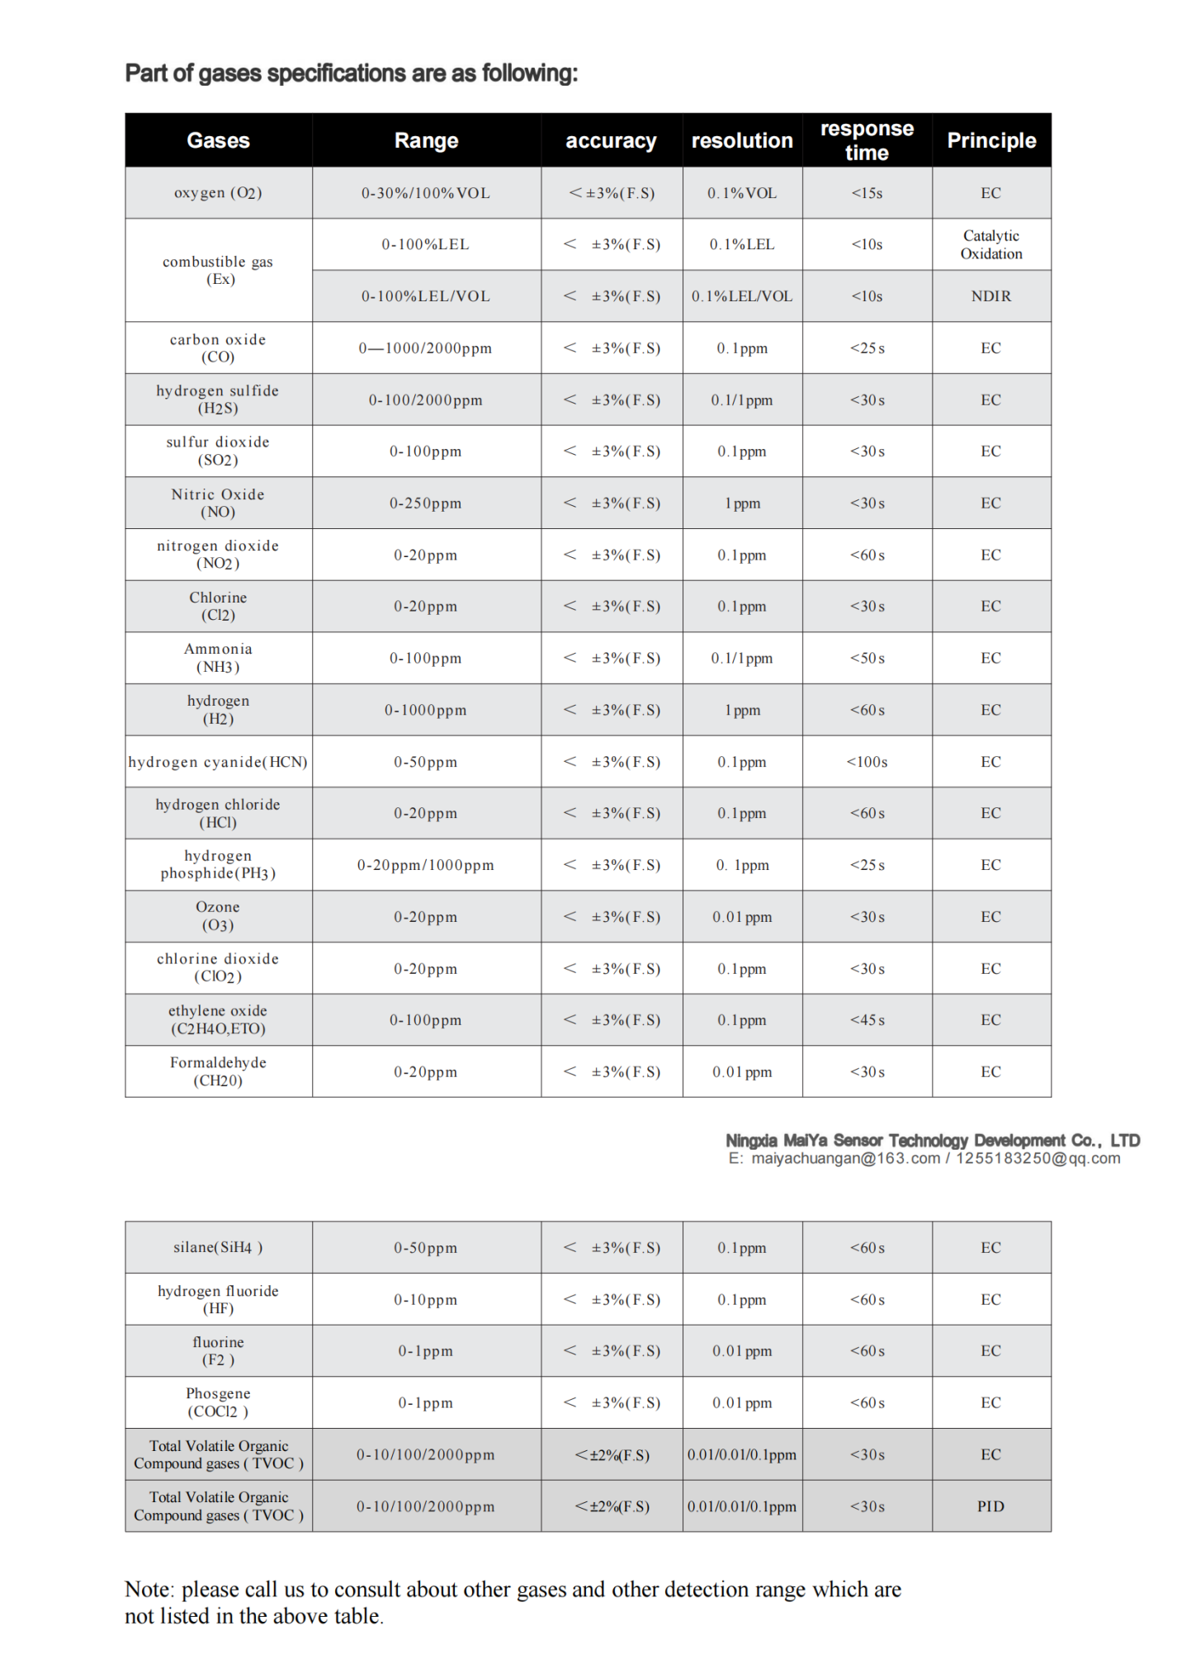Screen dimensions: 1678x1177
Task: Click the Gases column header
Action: pos(218,140)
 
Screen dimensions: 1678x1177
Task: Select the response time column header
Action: pos(867,140)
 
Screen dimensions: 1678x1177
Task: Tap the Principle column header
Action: pos(991,140)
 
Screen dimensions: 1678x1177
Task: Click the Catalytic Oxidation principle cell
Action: pos(991,244)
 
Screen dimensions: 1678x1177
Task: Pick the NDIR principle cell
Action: pos(991,296)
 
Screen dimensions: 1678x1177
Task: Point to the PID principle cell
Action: pos(991,1506)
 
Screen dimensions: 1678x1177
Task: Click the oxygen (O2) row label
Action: pos(218,193)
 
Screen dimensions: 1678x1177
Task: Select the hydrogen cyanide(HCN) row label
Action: pos(218,762)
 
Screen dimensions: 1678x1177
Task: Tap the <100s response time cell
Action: pos(867,762)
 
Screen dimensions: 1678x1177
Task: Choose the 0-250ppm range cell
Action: pos(426,503)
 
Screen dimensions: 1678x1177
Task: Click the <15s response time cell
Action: pos(867,193)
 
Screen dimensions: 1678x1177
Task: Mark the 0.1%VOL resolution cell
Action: pos(742,193)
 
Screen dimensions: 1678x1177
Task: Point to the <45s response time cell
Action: pos(867,1020)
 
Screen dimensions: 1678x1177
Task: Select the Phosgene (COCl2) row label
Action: pos(218,1402)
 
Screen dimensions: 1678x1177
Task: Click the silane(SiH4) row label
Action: pos(218,1247)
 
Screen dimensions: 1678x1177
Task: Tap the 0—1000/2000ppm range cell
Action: pos(426,348)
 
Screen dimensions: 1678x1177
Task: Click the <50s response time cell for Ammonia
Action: pos(867,659)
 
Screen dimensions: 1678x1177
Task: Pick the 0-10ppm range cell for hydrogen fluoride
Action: pos(426,1299)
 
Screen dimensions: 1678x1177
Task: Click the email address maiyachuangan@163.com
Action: pos(845,1158)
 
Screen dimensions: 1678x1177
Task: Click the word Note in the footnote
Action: pos(149,1590)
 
